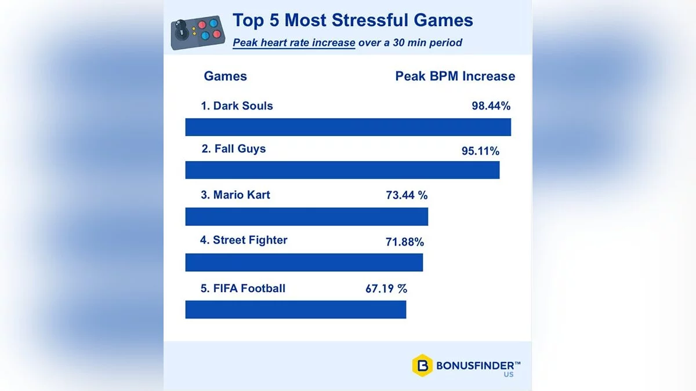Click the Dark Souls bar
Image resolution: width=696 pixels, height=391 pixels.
(348, 127)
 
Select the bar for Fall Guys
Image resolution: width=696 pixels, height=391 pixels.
(342, 170)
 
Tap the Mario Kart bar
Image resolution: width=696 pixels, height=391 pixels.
(306, 216)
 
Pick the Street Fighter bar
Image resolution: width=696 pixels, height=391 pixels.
(304, 262)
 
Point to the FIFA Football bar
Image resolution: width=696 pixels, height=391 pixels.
(296, 309)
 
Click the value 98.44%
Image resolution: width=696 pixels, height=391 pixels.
(491, 106)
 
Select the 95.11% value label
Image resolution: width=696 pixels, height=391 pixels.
(480, 151)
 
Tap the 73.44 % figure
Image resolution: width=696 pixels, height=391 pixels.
(407, 195)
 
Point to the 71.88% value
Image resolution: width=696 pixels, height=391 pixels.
(405, 242)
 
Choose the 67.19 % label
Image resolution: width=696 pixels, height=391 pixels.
(386, 288)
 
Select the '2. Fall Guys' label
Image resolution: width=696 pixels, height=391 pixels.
(233, 149)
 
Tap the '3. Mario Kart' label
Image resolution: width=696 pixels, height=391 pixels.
(235, 195)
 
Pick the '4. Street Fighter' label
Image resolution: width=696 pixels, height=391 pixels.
(244, 240)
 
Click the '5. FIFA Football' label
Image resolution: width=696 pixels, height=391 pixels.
(243, 288)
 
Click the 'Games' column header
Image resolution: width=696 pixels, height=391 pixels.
(225, 76)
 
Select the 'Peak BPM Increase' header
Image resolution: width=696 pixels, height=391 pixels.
(455, 76)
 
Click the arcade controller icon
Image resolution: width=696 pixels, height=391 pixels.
(198, 32)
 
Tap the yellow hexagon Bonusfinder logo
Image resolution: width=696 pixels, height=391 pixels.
(423, 365)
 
